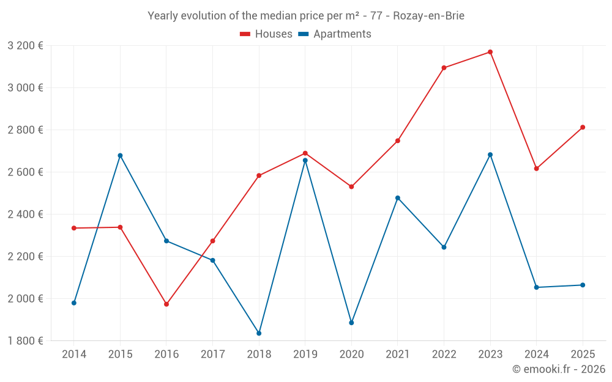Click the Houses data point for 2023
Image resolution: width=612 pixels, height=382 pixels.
click(490, 52)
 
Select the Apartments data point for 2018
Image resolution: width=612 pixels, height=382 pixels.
click(259, 333)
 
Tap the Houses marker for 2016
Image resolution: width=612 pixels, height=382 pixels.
click(166, 304)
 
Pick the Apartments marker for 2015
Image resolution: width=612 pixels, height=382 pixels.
click(120, 155)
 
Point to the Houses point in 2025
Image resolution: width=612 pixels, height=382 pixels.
click(583, 127)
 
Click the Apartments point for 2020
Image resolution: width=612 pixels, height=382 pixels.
click(351, 323)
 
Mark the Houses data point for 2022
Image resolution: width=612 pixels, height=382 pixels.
click(444, 68)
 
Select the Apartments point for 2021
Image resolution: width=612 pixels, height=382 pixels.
click(398, 198)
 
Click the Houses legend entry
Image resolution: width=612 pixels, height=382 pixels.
click(266, 34)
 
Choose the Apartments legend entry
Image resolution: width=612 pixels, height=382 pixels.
click(335, 34)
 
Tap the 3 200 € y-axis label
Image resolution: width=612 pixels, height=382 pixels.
click(25, 45)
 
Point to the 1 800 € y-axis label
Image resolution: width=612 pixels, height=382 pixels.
click(25, 340)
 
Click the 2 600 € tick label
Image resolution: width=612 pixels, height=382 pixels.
click(25, 172)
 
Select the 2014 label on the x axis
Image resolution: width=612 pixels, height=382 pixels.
click(74, 354)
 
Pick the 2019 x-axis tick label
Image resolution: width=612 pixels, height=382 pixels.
click(305, 354)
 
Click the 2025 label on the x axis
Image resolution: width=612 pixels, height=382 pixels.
click(583, 354)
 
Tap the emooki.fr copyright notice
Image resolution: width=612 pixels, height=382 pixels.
click(558, 369)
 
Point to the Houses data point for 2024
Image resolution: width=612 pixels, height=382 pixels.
click(536, 169)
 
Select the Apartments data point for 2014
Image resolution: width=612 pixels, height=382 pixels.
click(74, 303)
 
